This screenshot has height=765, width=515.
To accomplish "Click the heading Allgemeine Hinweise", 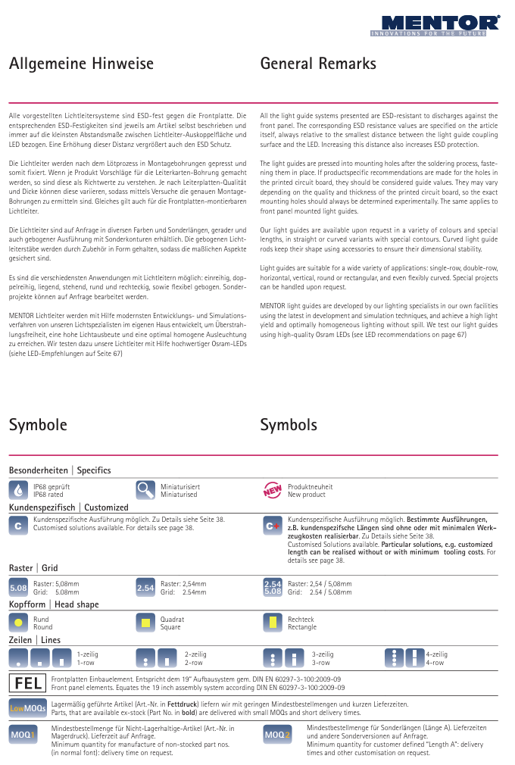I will coord(81,64).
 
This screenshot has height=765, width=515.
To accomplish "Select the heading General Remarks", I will coord(318,64).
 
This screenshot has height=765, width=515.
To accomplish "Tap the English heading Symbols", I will coord(289,425).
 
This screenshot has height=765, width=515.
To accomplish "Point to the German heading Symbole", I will coord(38,425).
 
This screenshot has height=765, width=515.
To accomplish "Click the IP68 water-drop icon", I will coord(19,489).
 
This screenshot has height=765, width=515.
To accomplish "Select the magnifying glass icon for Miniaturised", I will coord(145,489).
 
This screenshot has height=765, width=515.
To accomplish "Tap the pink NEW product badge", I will coord(273,490).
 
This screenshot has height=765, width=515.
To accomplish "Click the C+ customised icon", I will coord(273,525).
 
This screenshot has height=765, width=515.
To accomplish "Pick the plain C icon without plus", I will coord(19,525).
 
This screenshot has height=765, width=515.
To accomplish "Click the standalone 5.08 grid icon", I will coord(18,587).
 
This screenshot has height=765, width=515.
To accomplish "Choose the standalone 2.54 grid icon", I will coord(145,587).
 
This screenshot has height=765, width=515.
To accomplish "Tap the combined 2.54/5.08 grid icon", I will coord(273,587).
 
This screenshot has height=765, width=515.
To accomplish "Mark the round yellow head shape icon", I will coord(18,623).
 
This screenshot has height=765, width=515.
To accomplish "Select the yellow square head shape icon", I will coord(145,623).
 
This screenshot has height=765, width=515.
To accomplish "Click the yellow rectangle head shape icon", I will coord(273,623).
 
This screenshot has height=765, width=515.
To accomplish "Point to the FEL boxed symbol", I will coord(28,684).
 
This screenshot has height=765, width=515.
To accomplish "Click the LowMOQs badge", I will coord(28,708).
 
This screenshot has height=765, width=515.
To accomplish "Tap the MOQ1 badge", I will coord(23,735).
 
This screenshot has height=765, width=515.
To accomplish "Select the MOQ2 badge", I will coord(277,735).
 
